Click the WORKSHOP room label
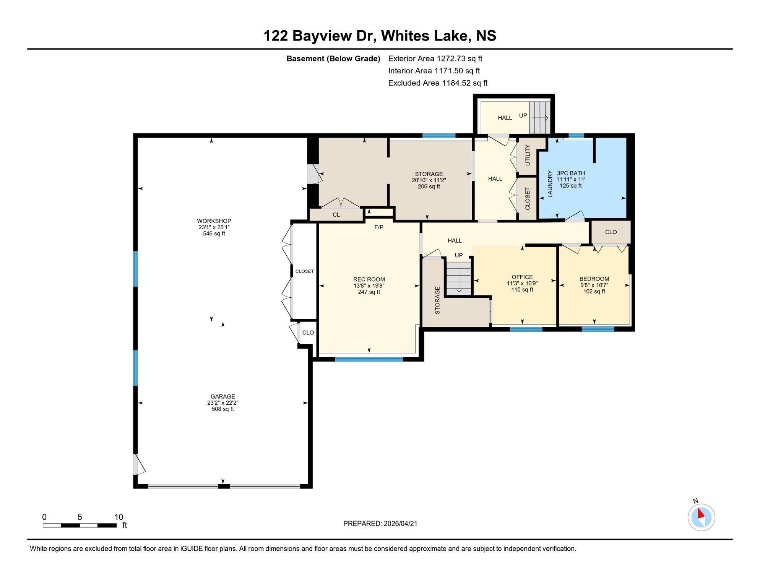[x=214, y=221]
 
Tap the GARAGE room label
[x=222, y=396]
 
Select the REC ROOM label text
[x=369, y=279]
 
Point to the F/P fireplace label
[x=378, y=227]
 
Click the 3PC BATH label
[x=571, y=173]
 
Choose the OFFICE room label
[x=522, y=277]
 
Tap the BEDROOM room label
[x=594, y=279]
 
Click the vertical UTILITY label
[x=528, y=155]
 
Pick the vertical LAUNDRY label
[x=550, y=184]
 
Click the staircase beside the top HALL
[x=539, y=118]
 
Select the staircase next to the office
[x=459, y=278]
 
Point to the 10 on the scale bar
[x=119, y=517]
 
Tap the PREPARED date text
[x=380, y=524]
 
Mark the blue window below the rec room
[x=369, y=359]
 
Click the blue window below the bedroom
[x=598, y=329]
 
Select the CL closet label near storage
[x=336, y=215]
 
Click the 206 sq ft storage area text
[x=429, y=187]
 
